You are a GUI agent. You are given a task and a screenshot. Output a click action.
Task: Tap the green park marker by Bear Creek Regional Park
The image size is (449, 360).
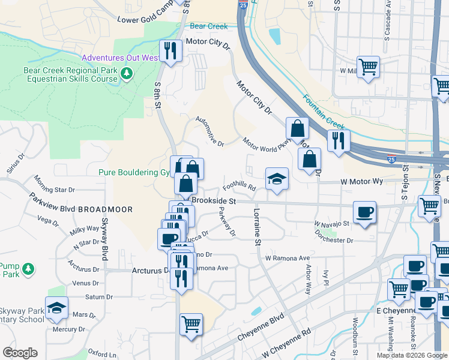tap(126, 74)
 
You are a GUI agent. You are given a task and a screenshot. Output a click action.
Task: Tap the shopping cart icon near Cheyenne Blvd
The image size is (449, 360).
tap(191, 324)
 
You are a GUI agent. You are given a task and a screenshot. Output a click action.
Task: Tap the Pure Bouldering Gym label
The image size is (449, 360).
tap(134, 173)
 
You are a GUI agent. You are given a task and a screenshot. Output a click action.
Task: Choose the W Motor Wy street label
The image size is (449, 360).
tap(361, 181)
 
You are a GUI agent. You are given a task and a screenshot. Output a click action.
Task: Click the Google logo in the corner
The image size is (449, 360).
tap(20, 353)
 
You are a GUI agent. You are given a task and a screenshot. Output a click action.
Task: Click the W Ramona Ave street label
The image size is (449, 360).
tap(288, 257)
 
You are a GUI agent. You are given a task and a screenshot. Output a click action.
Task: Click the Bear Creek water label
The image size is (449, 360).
tap(208, 26)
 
